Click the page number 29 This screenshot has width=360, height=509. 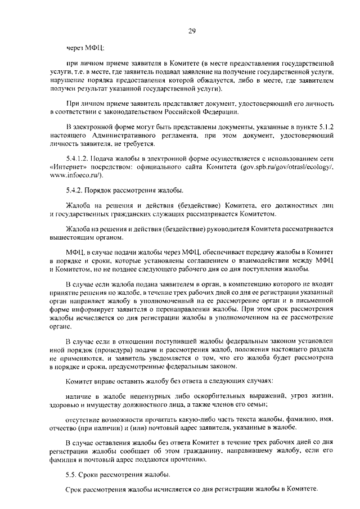pyautogui.click(x=191, y=31)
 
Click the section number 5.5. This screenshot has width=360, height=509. pyautogui.click(x=71, y=476)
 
